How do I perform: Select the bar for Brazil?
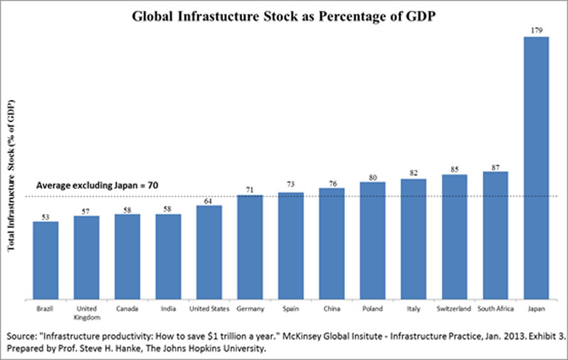coord(45,260)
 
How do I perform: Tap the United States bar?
coord(209,252)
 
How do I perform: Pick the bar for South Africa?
coord(495,235)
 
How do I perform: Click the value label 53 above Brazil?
coord(45,215)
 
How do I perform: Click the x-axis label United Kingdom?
coord(87,314)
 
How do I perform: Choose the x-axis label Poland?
coord(373,310)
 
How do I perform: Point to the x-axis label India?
coord(168,310)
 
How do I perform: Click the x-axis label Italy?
coord(413,310)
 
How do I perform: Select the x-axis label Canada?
coord(127,310)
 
